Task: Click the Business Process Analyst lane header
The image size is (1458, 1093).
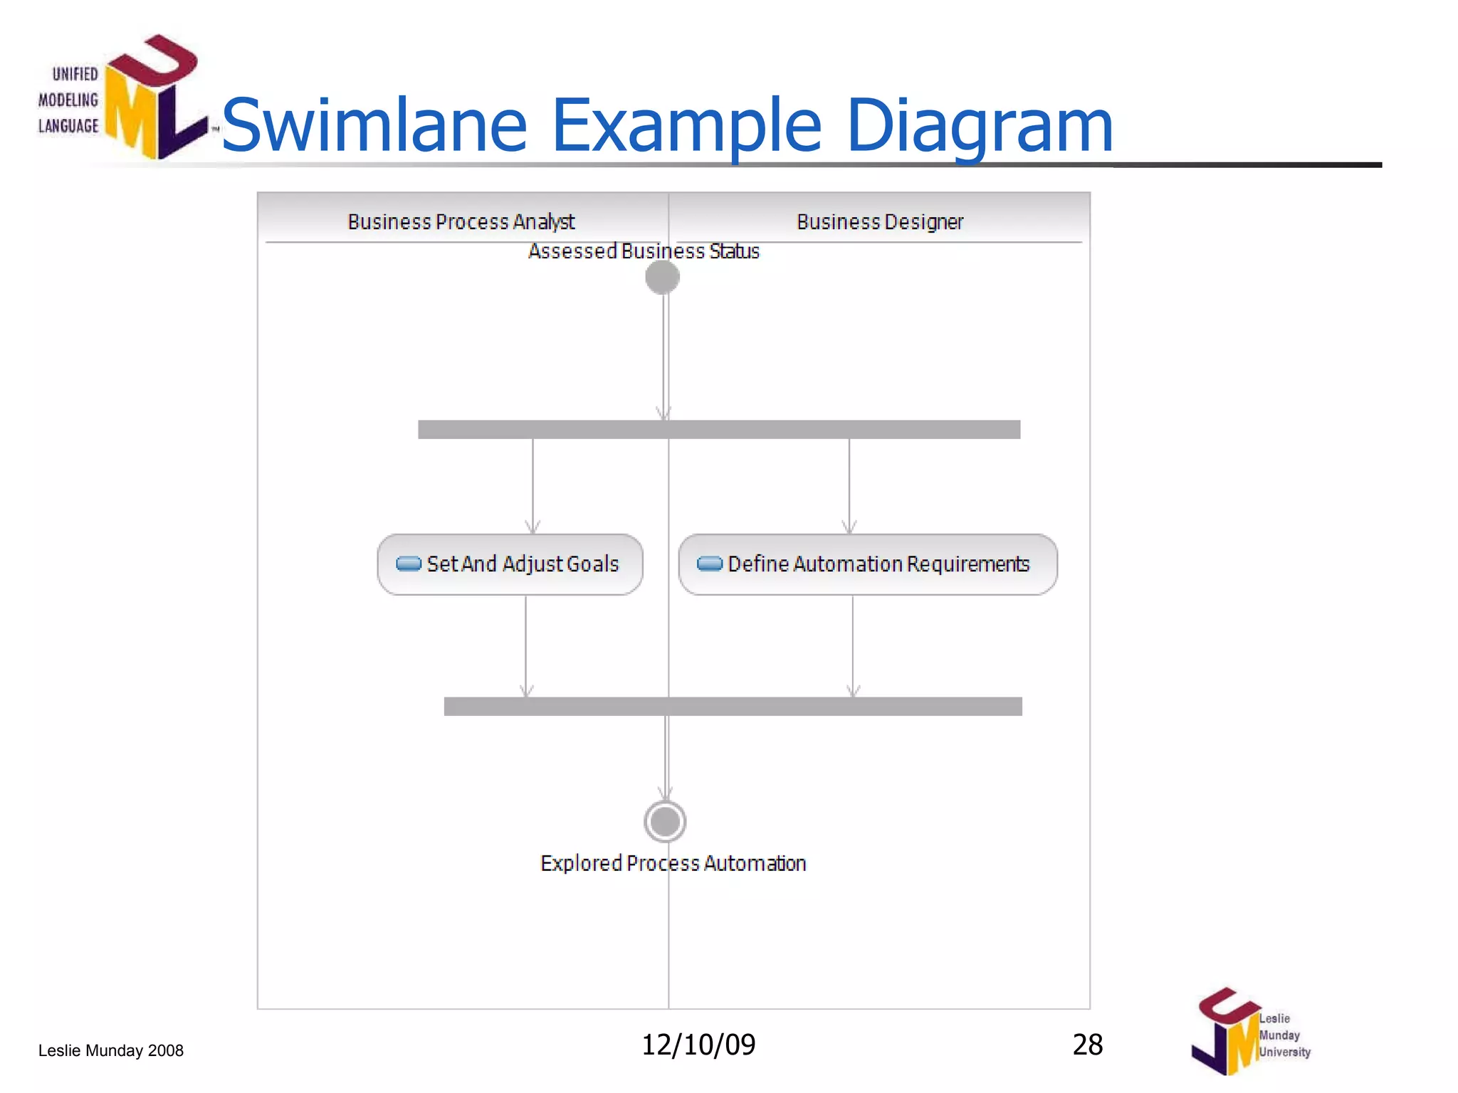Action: pos(461,222)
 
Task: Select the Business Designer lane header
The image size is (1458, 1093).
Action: pos(880,222)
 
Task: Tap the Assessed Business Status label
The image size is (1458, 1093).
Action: pos(644,251)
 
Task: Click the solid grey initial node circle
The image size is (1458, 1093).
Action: pos(663,277)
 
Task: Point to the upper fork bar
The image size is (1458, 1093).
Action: pos(719,429)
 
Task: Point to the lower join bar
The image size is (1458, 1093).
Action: pos(733,706)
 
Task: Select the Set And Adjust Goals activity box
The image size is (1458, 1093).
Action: pos(510,564)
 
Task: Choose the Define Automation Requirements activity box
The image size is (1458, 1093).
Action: pos(868,564)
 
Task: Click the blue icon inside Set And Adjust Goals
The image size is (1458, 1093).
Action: pos(409,564)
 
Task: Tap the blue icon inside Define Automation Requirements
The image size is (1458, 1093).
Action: pos(710,564)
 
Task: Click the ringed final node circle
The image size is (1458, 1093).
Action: pos(665,822)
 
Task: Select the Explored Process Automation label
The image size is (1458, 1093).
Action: pos(673,863)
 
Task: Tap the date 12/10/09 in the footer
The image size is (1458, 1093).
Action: pos(698,1045)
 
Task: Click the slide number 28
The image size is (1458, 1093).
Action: pos(1087,1045)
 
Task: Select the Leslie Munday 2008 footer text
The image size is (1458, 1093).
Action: pos(111,1050)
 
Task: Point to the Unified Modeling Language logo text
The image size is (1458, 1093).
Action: pos(68,100)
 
